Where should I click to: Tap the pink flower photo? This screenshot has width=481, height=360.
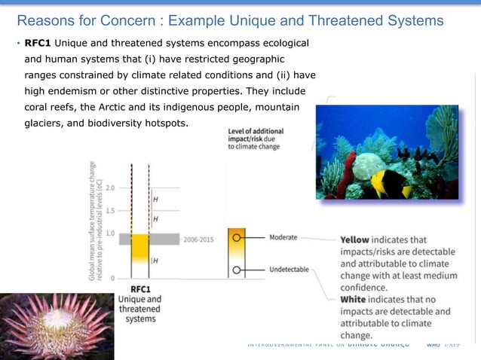coord(57,326)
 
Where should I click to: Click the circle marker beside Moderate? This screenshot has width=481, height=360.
coord(237,237)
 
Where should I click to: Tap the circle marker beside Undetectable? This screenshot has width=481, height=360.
coord(237,269)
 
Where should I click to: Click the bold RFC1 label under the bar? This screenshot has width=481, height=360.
coord(140,288)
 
